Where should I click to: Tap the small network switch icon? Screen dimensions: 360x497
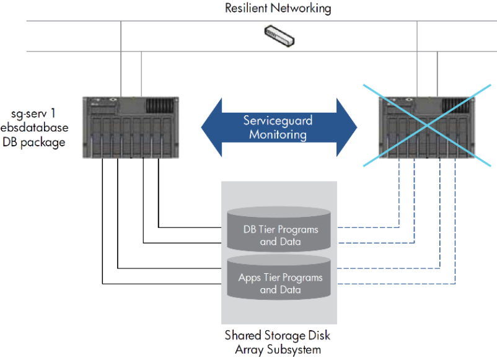click(280, 35)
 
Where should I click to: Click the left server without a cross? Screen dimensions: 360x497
click(130, 128)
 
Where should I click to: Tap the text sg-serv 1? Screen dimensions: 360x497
click(40, 114)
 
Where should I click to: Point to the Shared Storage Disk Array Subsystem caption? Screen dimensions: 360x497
click(278, 342)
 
